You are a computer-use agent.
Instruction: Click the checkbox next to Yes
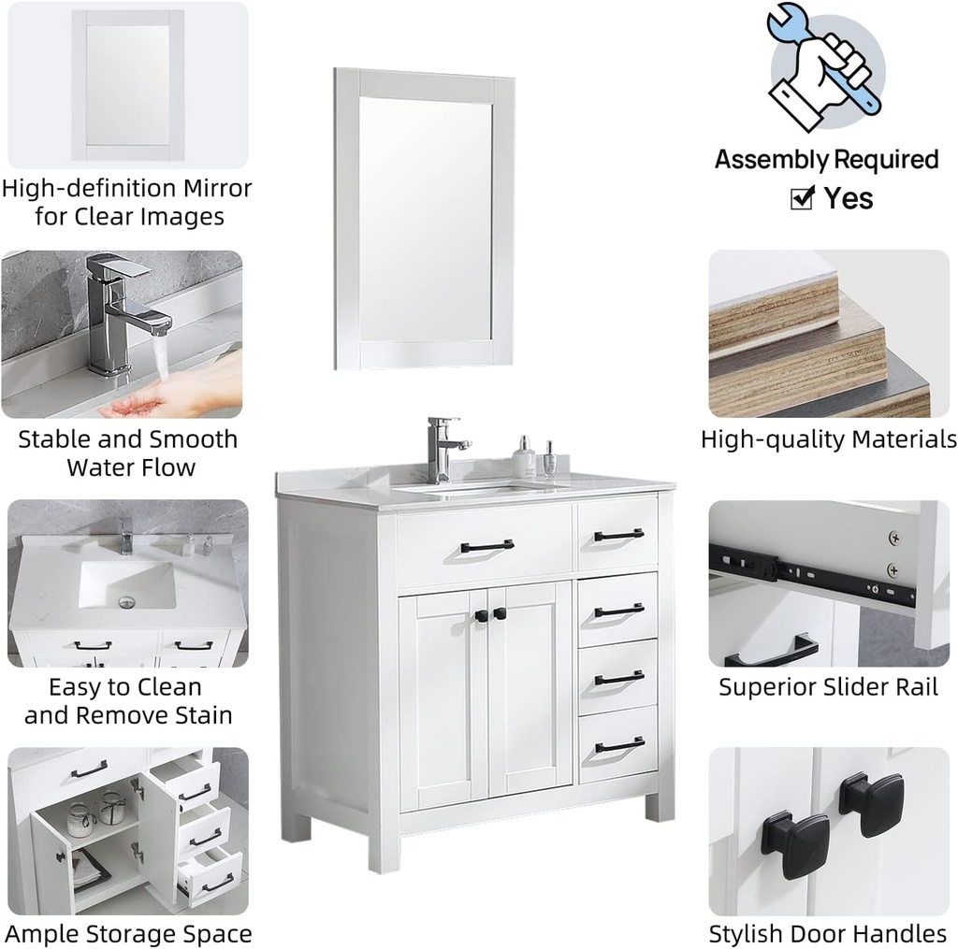(x=802, y=198)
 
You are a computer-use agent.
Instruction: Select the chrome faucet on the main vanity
(x=442, y=448)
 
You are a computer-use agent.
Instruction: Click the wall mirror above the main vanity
(x=424, y=218)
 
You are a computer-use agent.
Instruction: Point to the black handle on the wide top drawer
(x=486, y=545)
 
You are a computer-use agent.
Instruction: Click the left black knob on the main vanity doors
(x=479, y=615)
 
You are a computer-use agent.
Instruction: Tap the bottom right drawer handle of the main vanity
(x=618, y=745)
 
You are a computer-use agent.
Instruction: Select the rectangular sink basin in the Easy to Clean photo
(x=126, y=584)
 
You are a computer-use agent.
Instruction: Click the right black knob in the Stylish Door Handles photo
(x=871, y=803)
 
